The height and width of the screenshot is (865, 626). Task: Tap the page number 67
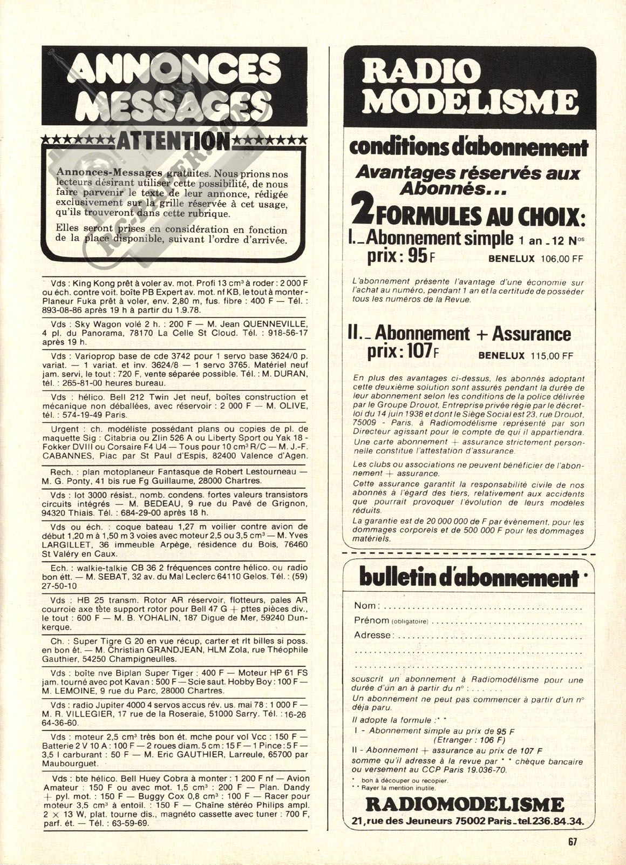coord(573,841)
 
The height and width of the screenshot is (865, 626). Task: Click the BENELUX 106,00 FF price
coord(536,259)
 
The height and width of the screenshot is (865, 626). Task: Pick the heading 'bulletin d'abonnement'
coord(468,578)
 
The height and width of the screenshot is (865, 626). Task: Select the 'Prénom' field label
coord(371,620)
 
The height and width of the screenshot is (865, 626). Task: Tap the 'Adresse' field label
coord(372,635)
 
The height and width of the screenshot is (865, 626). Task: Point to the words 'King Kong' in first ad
coord(90,283)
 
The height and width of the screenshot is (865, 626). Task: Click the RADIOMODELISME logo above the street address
coord(465,805)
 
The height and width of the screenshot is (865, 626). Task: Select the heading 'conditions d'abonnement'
coord(468,147)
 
